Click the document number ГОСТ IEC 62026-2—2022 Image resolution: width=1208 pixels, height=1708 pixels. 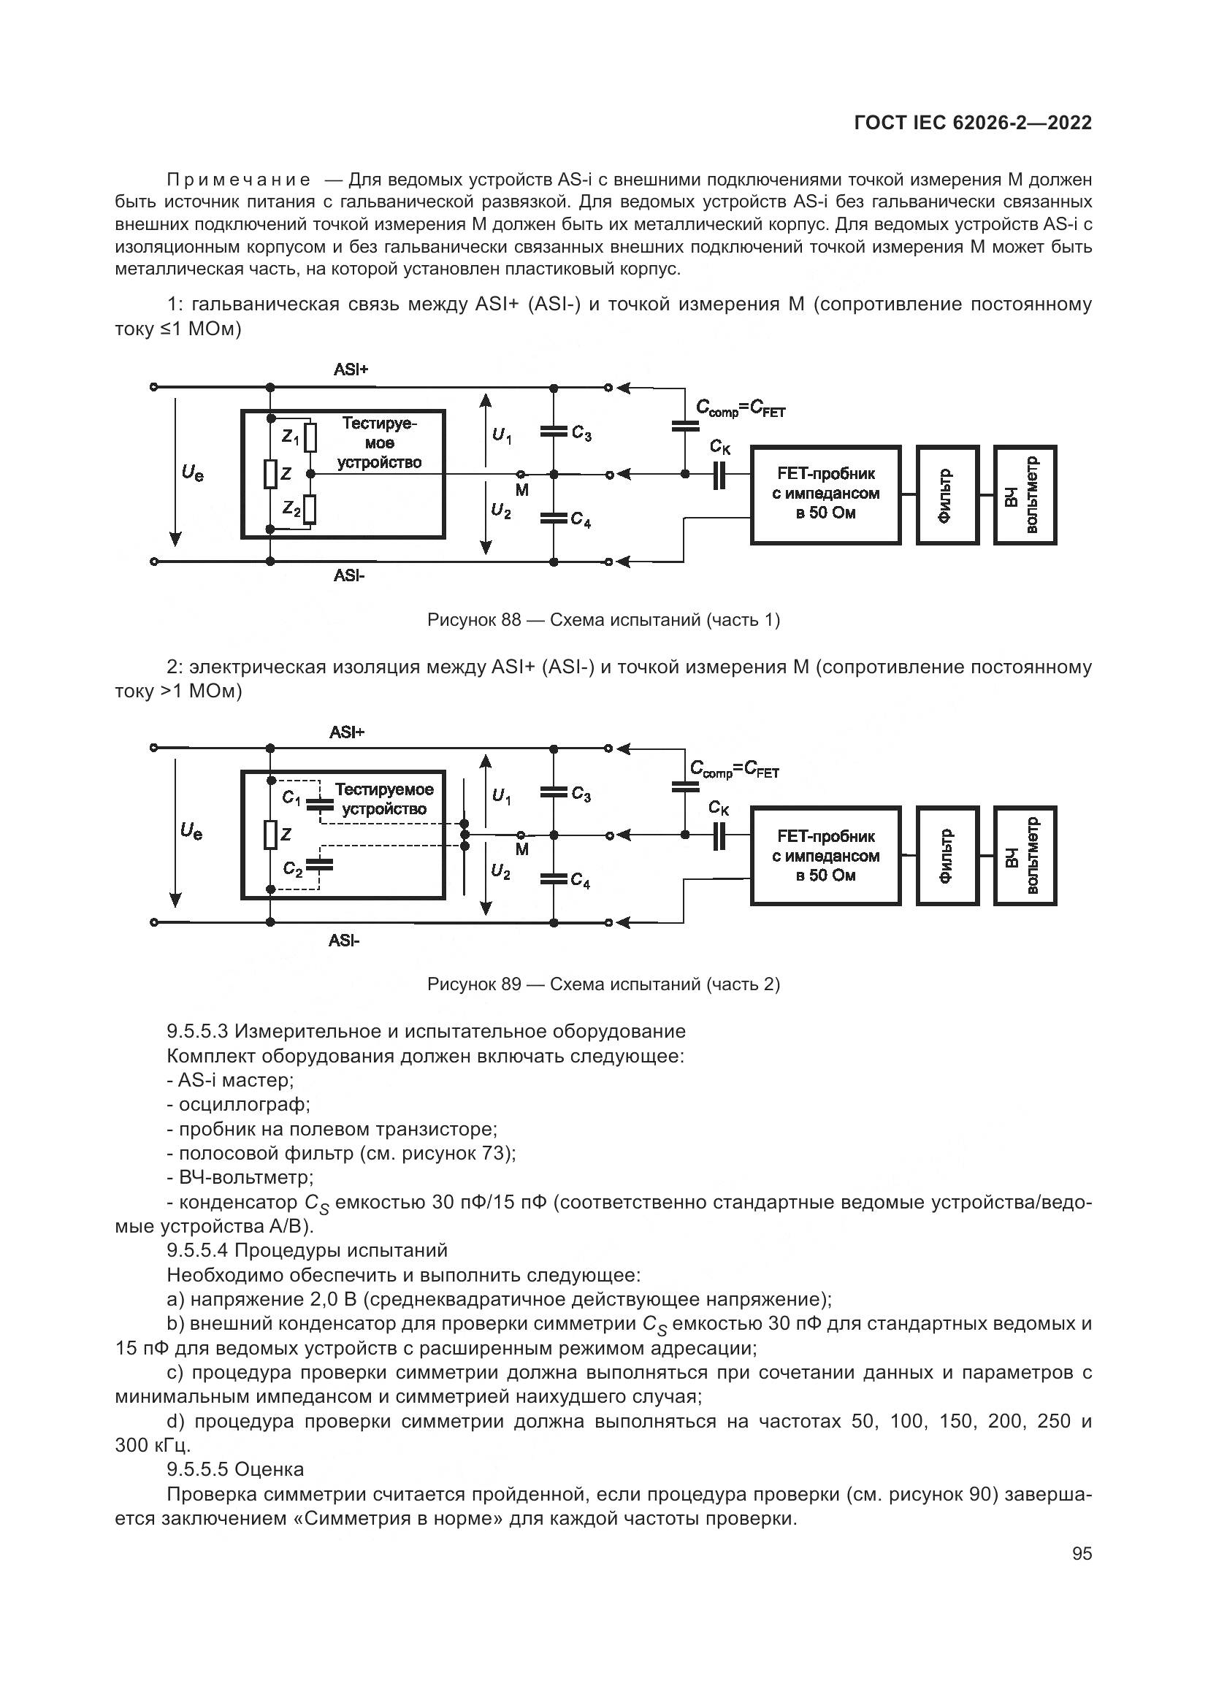click(x=973, y=123)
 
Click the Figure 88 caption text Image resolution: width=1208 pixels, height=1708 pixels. click(x=603, y=620)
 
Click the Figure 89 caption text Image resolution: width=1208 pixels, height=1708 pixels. click(x=603, y=984)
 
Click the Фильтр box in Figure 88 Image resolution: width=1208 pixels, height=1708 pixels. click(x=947, y=494)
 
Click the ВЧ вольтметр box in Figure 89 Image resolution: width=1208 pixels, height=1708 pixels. click(x=1024, y=856)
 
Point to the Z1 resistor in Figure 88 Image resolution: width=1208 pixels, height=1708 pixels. click(x=311, y=437)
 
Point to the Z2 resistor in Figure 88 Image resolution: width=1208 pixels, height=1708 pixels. click(x=311, y=510)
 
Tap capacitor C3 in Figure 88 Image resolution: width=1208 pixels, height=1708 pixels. click(x=554, y=431)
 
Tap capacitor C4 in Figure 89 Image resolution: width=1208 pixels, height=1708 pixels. click(x=554, y=879)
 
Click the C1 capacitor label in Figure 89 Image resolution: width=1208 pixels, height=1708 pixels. click(x=291, y=798)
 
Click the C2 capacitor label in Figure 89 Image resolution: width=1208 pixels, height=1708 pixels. click(x=292, y=868)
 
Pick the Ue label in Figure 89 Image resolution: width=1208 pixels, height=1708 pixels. click(x=191, y=833)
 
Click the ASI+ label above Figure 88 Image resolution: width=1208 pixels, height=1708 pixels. click(x=351, y=369)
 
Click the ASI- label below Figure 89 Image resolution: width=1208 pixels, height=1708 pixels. click(x=344, y=941)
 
